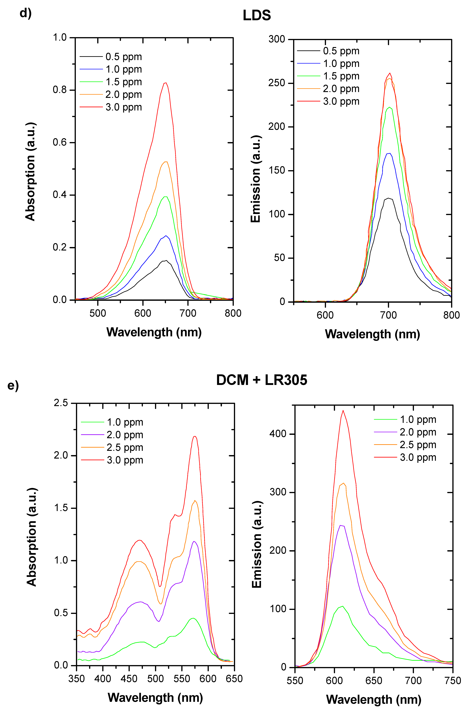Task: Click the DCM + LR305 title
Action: click(262, 380)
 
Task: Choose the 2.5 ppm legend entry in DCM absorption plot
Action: click(125, 448)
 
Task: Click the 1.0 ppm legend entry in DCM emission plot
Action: click(418, 419)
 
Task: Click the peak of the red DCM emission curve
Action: click(343, 410)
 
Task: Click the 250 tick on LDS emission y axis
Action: click(277, 83)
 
